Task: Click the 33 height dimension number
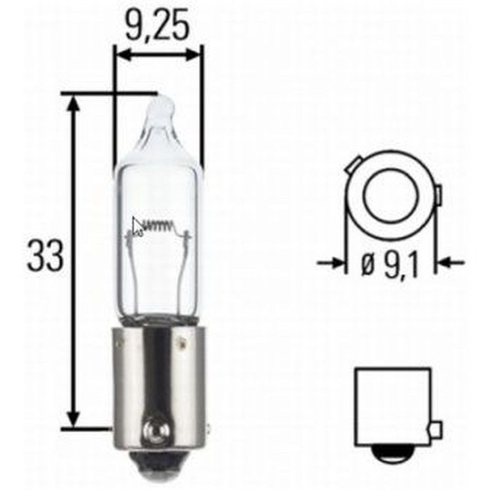pos(45,256)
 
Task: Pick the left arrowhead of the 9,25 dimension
pos(121,55)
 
